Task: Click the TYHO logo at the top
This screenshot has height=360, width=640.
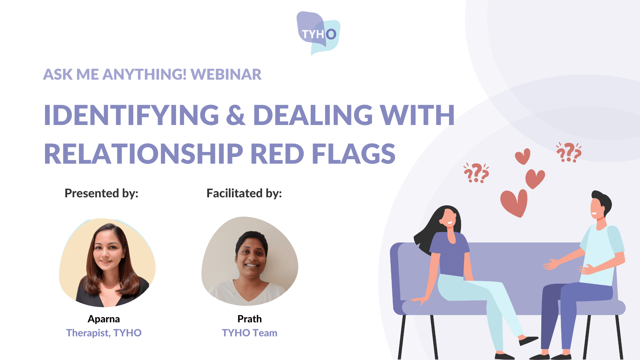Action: (318, 33)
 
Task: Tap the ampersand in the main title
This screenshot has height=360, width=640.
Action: (236, 115)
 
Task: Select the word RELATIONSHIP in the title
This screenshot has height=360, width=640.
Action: (144, 154)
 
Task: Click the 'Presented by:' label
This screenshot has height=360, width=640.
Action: (101, 193)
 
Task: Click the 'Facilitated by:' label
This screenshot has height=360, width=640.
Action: (244, 193)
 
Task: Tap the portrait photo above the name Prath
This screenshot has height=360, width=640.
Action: (250, 261)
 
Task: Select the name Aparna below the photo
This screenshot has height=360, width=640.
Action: (104, 319)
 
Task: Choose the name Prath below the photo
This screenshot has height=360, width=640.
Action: (250, 319)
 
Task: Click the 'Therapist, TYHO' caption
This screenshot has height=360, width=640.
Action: (104, 333)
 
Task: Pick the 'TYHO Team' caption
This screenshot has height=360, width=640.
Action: (250, 333)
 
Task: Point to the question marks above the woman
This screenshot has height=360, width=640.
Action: (476, 173)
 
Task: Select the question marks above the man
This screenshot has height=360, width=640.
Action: (569, 152)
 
